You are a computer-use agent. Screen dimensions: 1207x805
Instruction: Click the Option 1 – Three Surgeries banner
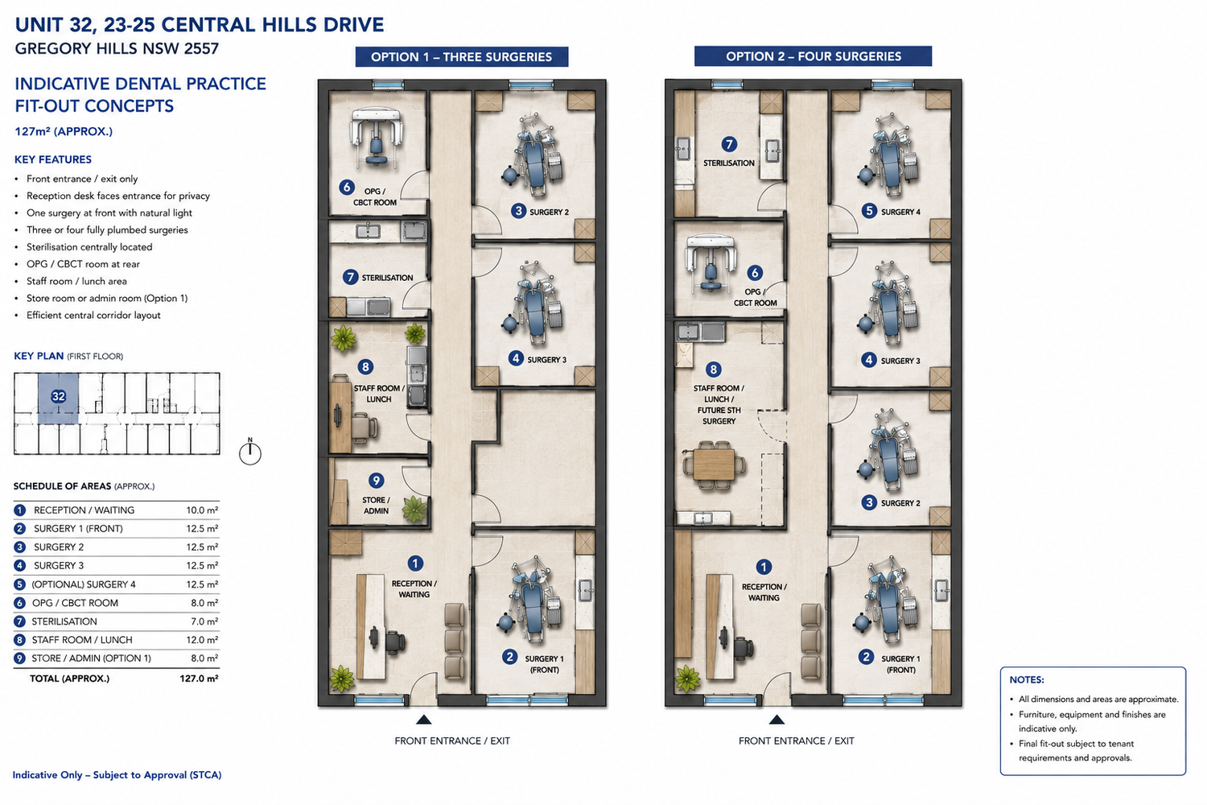point(461,56)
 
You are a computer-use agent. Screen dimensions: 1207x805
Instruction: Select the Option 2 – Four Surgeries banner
point(813,56)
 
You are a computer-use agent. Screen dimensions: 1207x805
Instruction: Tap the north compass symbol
point(250,452)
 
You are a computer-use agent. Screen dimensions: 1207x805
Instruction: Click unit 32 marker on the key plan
point(58,397)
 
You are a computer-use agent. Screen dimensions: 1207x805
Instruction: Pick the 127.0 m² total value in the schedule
point(199,679)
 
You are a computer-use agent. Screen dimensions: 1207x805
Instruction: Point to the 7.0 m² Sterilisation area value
point(204,621)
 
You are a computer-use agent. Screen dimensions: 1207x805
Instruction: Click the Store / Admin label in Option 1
point(376,506)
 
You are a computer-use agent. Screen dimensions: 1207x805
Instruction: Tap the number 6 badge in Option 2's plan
point(755,273)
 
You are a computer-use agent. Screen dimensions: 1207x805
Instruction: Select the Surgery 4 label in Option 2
point(900,212)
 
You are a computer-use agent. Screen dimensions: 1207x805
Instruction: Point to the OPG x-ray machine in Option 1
point(376,137)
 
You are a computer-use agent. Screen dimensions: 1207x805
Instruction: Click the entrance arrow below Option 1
point(423,720)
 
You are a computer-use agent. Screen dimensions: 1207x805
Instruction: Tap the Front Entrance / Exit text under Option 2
point(796,741)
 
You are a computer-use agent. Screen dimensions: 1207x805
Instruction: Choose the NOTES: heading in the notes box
point(1027,680)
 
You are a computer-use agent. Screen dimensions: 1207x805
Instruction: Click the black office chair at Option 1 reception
point(394,642)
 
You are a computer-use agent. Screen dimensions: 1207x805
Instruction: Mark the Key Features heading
point(53,159)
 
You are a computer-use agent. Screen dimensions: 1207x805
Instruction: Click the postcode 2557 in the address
point(201,48)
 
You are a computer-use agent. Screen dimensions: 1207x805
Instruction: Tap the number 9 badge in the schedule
point(19,658)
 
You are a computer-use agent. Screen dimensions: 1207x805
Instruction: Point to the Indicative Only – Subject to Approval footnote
point(117,774)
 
